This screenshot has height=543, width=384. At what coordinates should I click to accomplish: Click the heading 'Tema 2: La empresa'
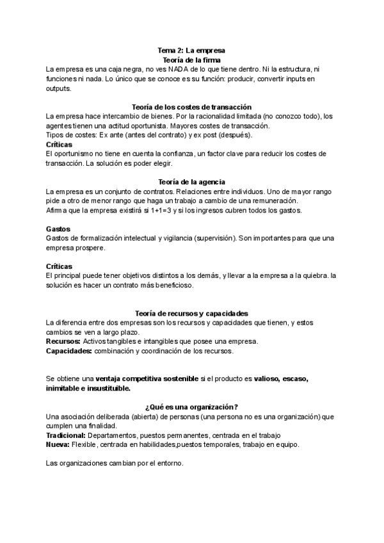[x=191, y=50]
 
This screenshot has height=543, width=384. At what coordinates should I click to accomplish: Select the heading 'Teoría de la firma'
[x=191, y=59]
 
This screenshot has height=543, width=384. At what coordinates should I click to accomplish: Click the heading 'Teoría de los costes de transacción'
[x=191, y=107]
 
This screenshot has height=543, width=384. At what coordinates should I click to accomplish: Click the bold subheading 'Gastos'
[x=59, y=229]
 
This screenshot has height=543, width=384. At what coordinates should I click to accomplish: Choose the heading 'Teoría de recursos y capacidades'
[x=191, y=313]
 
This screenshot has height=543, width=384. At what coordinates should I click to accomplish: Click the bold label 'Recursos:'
[x=63, y=341]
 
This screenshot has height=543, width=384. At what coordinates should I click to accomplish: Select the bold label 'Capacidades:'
[x=69, y=351]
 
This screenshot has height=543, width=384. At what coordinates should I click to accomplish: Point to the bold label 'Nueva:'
[x=58, y=445]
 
